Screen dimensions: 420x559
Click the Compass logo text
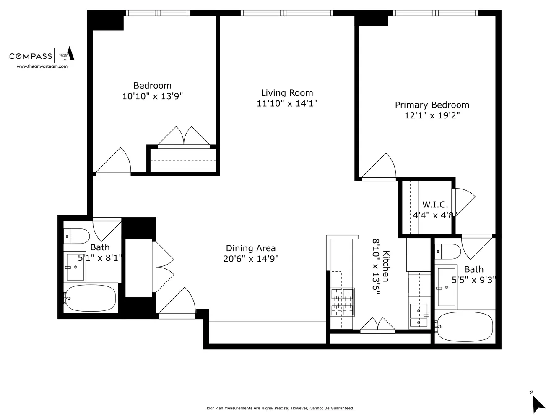[x=31, y=56]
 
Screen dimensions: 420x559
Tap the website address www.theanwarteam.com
[x=42, y=66]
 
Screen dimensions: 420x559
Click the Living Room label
[x=287, y=93]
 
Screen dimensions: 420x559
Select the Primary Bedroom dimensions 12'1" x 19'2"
[x=432, y=115]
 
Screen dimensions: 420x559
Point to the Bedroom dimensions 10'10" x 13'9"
[x=152, y=96]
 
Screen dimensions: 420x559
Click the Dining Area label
[x=251, y=248]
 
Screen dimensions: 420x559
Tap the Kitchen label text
[x=386, y=266]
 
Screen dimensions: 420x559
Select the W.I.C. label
[x=435, y=205]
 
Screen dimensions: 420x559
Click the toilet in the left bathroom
[x=76, y=236]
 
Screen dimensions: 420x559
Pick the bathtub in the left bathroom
[x=90, y=298]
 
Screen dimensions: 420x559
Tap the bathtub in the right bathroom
[x=464, y=326]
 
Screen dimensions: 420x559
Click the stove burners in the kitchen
[x=343, y=302]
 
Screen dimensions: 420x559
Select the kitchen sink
[x=418, y=316]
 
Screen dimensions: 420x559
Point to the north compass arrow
[x=538, y=404]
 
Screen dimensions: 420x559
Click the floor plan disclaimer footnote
[x=279, y=408]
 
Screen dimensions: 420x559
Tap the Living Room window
[x=287, y=13]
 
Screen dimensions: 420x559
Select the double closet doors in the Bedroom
[x=184, y=137]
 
